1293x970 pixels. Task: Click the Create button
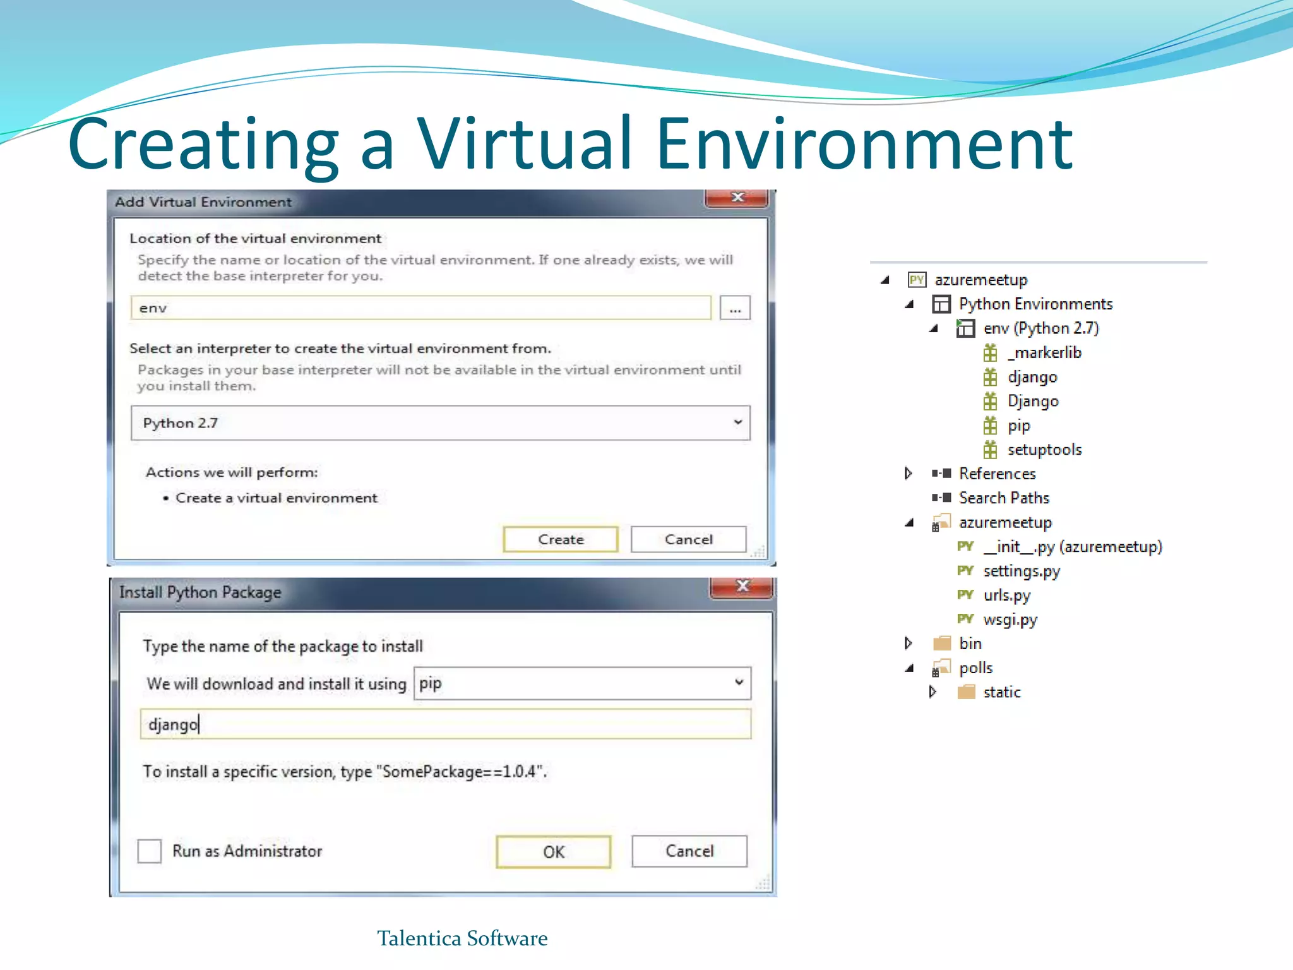point(560,539)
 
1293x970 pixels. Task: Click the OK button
point(553,852)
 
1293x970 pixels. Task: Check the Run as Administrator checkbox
point(150,851)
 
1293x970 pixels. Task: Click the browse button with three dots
point(735,309)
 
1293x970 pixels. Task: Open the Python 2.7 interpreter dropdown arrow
point(737,422)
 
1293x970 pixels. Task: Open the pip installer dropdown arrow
point(739,683)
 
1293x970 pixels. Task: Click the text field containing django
point(445,724)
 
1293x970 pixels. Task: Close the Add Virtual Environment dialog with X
point(737,198)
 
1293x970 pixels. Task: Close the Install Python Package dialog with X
point(742,587)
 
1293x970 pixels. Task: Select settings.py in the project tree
point(1021,571)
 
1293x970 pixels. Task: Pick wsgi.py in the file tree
point(1010,620)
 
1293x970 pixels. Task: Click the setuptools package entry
point(1044,450)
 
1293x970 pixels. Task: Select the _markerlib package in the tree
point(1044,352)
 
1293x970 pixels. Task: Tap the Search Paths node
point(1004,498)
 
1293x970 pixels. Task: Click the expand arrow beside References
point(908,474)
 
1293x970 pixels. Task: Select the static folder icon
point(966,692)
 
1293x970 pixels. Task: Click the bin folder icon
point(942,644)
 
